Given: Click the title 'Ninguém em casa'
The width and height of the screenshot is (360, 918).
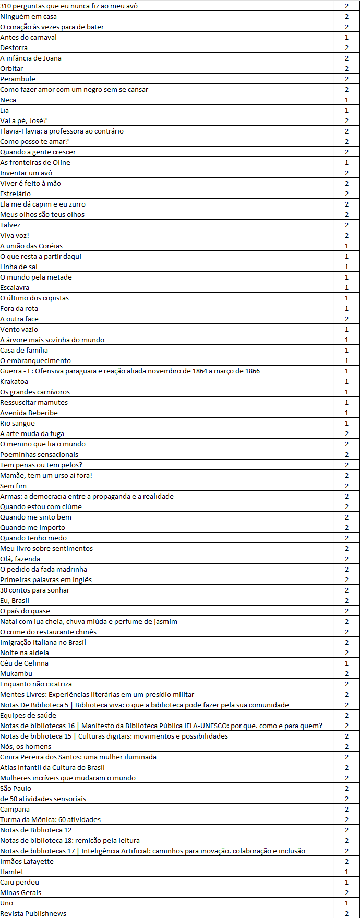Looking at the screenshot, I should (x=29, y=16).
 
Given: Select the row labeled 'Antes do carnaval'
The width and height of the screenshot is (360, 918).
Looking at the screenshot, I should (x=29, y=37).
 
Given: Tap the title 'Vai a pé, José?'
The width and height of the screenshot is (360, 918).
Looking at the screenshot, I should (x=23, y=120).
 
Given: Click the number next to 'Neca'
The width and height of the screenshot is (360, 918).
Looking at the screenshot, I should (x=346, y=100).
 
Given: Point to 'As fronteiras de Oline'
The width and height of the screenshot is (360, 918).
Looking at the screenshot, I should (x=35, y=162).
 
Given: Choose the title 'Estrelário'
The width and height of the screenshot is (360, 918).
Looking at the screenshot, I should (x=16, y=194).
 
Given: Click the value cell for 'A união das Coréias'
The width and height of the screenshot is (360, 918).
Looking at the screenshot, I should (x=346, y=246).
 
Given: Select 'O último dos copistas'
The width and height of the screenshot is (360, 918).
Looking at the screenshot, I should (x=34, y=298).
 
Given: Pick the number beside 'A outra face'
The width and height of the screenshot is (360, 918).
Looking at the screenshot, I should (x=346, y=319).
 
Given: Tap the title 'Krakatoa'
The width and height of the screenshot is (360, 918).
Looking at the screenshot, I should (x=14, y=381).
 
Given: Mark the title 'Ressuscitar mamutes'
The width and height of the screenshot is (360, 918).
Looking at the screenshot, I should (x=34, y=402).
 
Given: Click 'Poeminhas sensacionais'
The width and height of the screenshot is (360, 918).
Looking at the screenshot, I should (x=39, y=454).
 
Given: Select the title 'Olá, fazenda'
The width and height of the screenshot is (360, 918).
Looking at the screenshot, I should (x=20, y=559).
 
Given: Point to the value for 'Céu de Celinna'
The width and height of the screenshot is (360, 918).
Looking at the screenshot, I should (x=346, y=663).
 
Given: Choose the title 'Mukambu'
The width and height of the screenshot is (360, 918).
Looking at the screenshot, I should (x=16, y=673).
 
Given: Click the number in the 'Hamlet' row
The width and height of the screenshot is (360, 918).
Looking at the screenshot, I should (x=346, y=872).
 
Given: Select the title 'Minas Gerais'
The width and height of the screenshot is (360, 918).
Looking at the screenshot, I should (x=21, y=892).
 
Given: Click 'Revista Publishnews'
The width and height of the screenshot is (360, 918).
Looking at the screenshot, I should (x=33, y=913).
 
